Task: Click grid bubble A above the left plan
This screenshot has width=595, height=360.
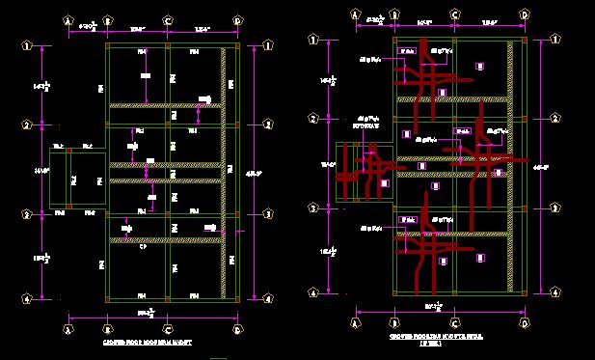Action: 68,18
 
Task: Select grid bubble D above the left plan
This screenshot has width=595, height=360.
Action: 237,18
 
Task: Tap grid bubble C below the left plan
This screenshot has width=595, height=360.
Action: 168,328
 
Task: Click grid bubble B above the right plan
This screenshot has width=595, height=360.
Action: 394,15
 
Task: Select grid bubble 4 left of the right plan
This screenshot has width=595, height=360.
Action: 312,292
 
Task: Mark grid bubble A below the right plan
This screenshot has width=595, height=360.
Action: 356,322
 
